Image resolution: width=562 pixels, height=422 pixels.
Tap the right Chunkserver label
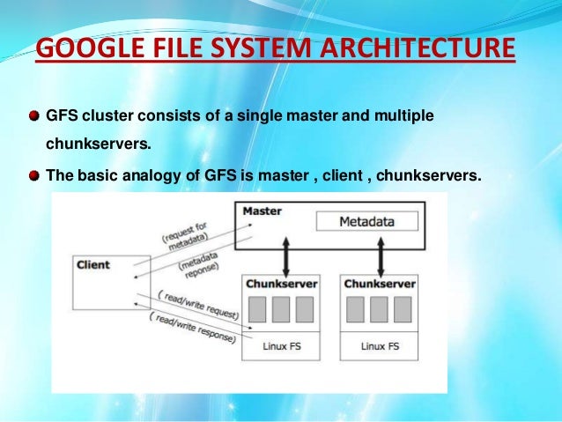coord(381,284)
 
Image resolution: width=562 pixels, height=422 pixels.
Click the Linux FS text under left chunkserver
coord(282,346)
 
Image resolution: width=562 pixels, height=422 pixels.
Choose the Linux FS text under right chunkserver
coord(381,346)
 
